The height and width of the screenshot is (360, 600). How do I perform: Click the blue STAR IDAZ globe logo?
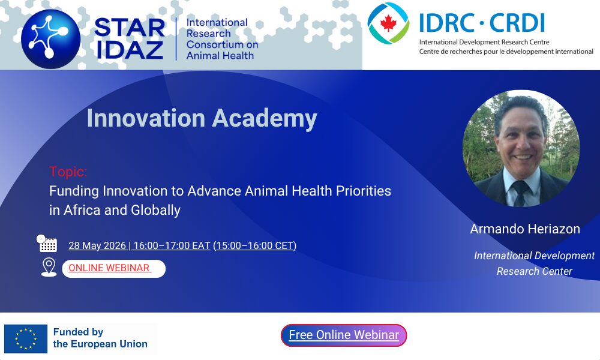pyautogui.click(x=50, y=39)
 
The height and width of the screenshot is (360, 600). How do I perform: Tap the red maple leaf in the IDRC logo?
pyautogui.click(x=388, y=23)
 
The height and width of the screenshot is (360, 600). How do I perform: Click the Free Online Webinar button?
pyautogui.click(x=344, y=335)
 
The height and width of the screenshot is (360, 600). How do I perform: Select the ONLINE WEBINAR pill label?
pyautogui.click(x=113, y=268)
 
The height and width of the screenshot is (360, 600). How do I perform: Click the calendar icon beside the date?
pyautogui.click(x=47, y=244)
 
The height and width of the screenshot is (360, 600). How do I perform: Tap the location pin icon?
pyautogui.click(x=49, y=267)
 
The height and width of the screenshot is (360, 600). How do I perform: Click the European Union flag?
pyautogui.click(x=26, y=339)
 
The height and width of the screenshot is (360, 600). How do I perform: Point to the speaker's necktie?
pyautogui.click(x=520, y=193)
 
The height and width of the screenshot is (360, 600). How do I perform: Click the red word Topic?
pyautogui.click(x=68, y=172)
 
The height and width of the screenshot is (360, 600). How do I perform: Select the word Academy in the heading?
pyautogui.click(x=265, y=118)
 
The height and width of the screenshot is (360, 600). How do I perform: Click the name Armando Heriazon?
pyautogui.click(x=525, y=229)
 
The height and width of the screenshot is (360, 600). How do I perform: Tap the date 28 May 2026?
pyautogui.click(x=97, y=245)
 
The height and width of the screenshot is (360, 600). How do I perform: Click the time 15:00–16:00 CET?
pyautogui.click(x=255, y=245)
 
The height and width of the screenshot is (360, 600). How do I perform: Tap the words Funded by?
pyautogui.click(x=78, y=332)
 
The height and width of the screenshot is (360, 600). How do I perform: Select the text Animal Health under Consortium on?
pyautogui.click(x=220, y=56)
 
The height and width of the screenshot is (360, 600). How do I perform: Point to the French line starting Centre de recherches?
pyautogui.click(x=506, y=52)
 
